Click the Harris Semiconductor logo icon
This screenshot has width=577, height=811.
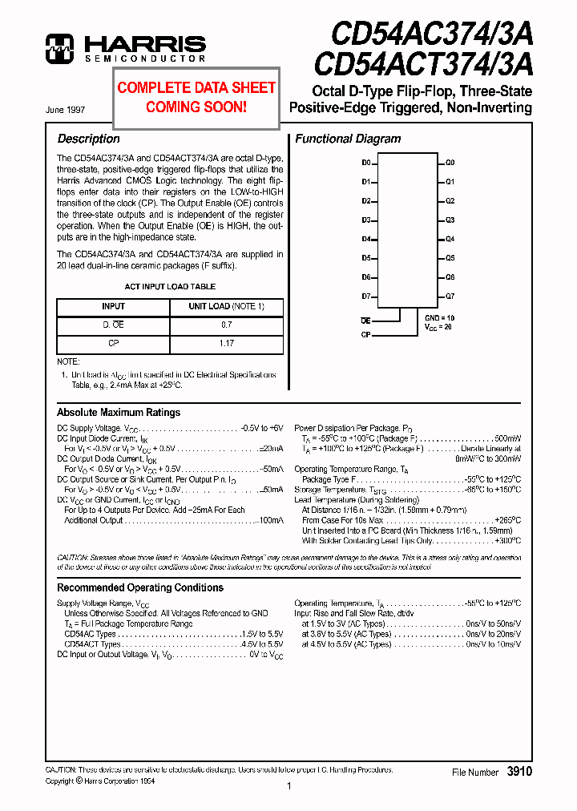point(59,48)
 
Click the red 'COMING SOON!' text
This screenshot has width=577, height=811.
point(196,107)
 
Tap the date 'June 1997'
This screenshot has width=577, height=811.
point(67,109)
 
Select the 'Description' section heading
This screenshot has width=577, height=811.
point(89,139)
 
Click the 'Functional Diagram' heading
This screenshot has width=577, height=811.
point(348,139)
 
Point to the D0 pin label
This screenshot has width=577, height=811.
point(366,163)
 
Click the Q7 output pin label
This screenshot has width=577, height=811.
point(450,296)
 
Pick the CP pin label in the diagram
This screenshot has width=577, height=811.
point(365,334)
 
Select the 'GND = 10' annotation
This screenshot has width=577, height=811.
point(438,318)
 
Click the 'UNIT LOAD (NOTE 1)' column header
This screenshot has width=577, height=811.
point(226,306)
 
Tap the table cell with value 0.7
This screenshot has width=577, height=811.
point(226,325)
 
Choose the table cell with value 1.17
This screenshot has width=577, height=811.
point(226,344)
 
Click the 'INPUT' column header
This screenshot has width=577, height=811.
point(113,306)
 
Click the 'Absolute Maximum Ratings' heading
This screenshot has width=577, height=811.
point(119,413)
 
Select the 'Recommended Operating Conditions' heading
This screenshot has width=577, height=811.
point(140,587)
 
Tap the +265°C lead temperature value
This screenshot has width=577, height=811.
point(507,520)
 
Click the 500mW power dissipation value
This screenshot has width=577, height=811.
point(507,438)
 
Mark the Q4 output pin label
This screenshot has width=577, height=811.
point(450,239)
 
